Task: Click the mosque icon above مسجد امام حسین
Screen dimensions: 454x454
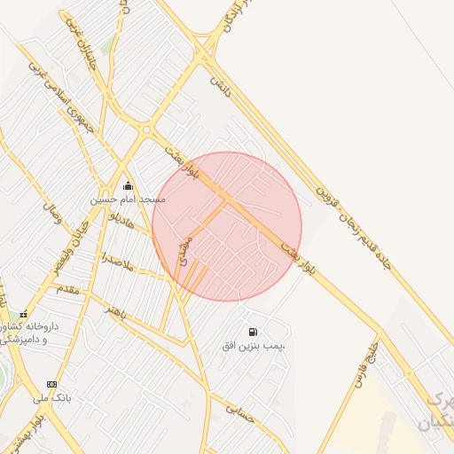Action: (128, 186)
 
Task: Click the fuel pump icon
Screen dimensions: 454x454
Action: (254, 331)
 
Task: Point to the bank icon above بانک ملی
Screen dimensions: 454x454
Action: (51, 384)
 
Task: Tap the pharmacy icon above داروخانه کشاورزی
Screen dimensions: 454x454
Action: (24, 314)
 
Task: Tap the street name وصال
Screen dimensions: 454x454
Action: (51, 213)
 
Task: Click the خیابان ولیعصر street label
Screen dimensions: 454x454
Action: (70, 243)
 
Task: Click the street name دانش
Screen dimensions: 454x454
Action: (220, 87)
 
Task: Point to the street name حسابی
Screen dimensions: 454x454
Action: (240, 411)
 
